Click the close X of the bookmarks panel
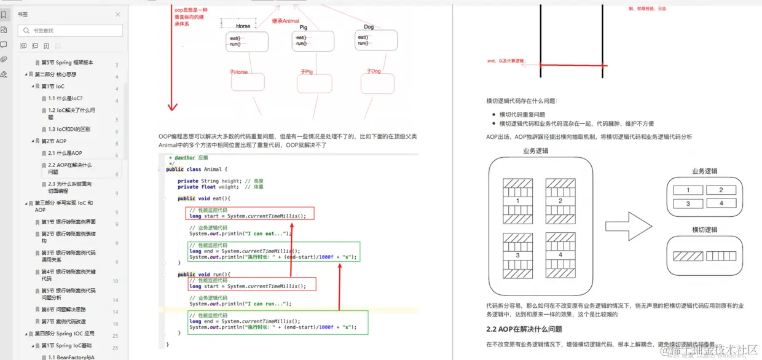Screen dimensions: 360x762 [118, 14]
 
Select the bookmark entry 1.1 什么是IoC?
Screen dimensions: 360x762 [65, 98]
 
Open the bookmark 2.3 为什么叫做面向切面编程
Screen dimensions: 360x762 [70, 187]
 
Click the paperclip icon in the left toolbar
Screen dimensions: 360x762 [4, 60]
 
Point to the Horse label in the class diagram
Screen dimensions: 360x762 [243, 26]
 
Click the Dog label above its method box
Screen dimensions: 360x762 [369, 27]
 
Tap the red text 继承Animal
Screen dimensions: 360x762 [286, 22]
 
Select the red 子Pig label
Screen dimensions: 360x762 [307, 72]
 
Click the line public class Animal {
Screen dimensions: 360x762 [197, 169]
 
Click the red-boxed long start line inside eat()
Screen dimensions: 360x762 [248, 216]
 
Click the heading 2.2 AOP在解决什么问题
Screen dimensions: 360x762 [524, 329]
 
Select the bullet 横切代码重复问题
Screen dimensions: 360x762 [522, 114]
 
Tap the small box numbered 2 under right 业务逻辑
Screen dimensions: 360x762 [721, 190]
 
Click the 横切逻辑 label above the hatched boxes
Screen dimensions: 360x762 [704, 230]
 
